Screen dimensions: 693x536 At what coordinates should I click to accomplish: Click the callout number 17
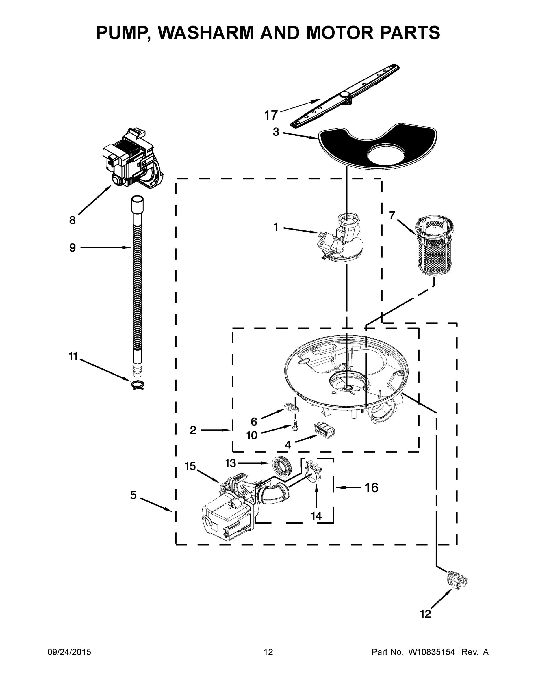click(271, 115)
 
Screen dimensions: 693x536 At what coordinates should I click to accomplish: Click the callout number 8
click(73, 220)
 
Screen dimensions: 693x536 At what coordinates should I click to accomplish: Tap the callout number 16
click(371, 487)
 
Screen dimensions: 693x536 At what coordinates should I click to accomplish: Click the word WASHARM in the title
click(206, 33)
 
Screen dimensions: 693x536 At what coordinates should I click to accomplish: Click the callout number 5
click(133, 495)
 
